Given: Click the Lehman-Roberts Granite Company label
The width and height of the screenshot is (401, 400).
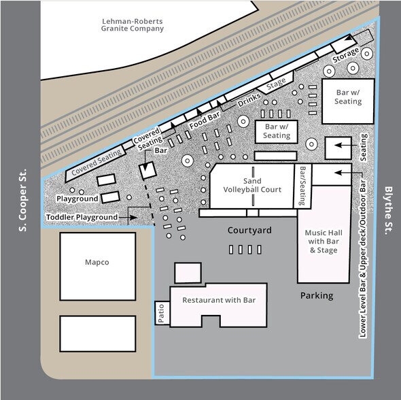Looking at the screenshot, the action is coord(133,25).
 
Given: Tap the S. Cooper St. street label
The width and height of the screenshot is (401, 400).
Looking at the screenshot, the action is coord(22,200).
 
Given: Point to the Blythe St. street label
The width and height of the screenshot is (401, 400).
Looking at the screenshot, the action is coord(389,210).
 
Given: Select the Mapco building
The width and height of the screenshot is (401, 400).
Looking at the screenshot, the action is coord(98,266).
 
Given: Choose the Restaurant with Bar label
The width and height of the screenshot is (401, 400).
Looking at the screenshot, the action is coord(219,300).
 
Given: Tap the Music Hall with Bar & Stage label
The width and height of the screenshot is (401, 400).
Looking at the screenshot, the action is coord(324,241).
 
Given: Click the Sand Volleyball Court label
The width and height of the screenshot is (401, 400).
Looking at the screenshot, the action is coord(252,185).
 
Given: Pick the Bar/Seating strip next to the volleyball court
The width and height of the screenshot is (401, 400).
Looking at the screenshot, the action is coord(302,186).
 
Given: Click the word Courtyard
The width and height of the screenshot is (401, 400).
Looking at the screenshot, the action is coord(249,230).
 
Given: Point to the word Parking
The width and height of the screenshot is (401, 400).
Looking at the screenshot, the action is coord(317,296).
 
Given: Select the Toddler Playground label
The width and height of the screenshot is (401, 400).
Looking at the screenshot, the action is coord(82,217).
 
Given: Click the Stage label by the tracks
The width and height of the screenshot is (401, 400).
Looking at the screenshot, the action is coord(276,84).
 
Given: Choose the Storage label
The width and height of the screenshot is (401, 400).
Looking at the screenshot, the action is coord(345,55).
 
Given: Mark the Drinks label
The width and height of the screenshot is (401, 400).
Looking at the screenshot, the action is coord(249,100).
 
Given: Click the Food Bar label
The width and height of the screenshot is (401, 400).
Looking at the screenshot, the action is coord(205,120).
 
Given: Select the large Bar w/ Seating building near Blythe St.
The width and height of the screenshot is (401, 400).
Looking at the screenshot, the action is coord(348,101).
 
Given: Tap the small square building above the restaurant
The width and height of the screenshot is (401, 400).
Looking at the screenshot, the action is coord(188,273).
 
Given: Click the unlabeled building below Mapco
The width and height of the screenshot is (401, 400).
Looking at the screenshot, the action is coord(98,334).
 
